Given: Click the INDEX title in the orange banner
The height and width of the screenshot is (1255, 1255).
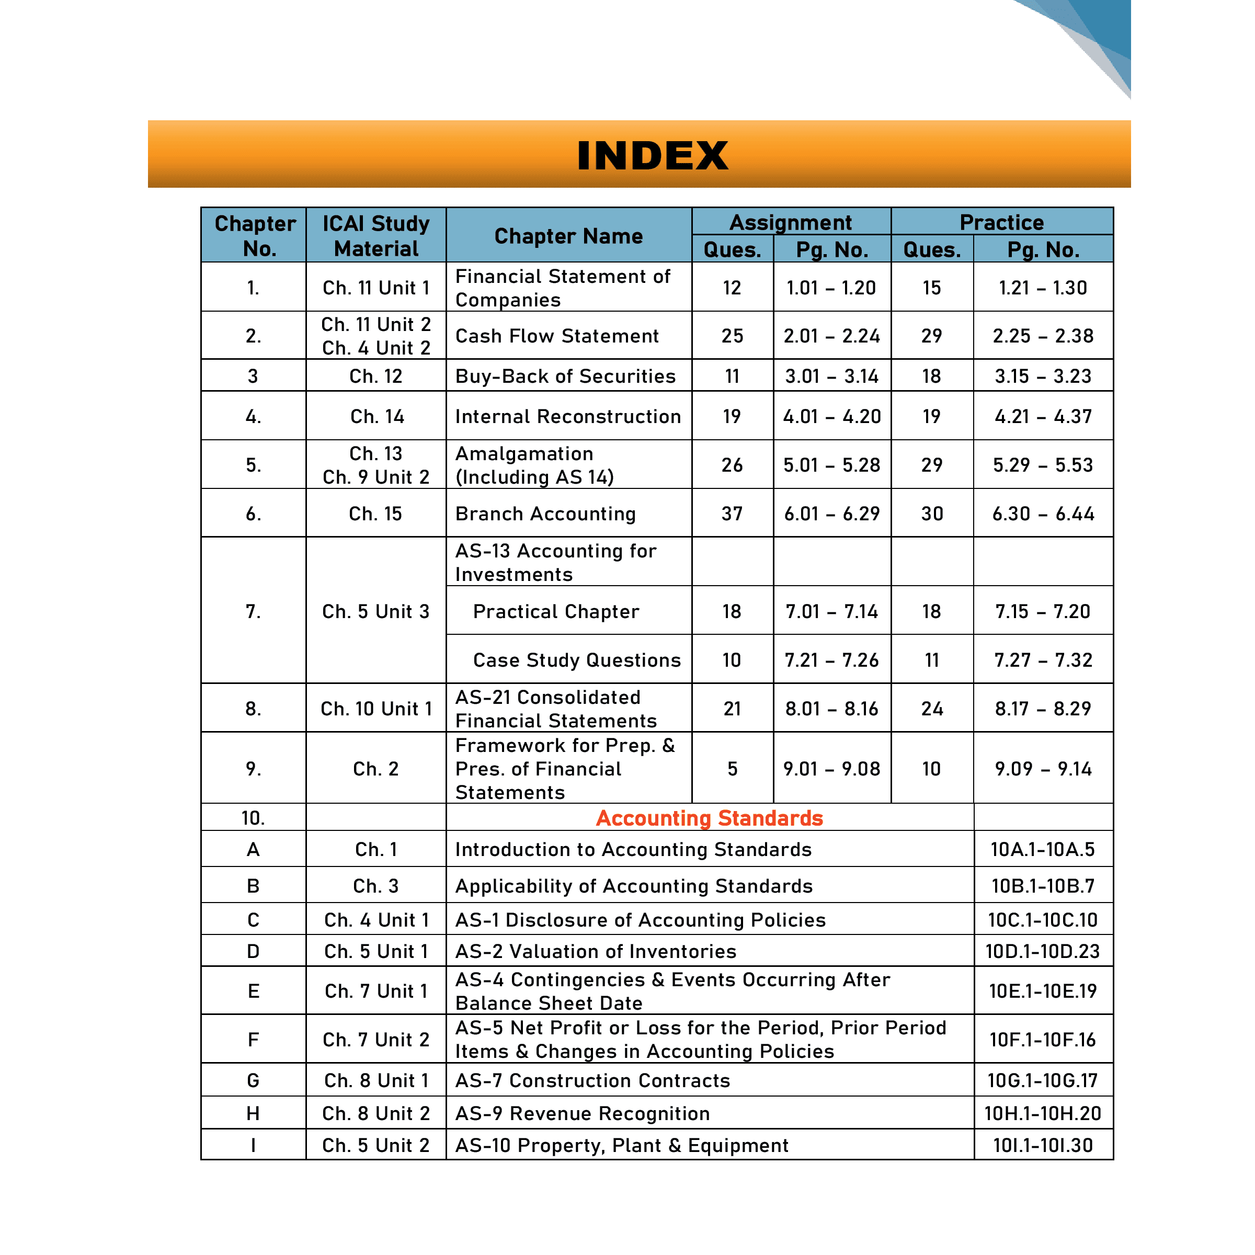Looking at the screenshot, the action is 652,156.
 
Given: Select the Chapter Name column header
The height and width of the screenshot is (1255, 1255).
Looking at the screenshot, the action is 568,236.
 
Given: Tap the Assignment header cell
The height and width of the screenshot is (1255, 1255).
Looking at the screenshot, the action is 791,222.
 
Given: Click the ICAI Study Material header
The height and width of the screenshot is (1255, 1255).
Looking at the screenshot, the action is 376,236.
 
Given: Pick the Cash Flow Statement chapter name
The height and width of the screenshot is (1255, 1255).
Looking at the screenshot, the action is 557,336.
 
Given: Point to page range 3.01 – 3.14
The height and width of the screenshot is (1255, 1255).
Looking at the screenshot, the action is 831,376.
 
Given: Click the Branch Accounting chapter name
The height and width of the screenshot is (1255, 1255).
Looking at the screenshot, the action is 545,514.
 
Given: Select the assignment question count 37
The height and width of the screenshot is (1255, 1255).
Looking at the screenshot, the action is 732,514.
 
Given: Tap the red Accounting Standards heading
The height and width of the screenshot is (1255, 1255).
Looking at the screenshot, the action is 710,818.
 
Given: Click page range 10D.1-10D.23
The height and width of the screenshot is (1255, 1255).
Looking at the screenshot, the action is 1043,952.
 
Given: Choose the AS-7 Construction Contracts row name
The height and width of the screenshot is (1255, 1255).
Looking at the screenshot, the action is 592,1080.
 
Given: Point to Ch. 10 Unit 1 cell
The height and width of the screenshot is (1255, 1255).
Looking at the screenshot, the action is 376,709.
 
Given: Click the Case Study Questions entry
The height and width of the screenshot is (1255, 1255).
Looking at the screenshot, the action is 577,660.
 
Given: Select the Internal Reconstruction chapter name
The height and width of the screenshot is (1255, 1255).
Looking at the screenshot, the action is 568,416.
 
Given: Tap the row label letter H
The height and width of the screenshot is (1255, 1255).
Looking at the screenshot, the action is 253,1113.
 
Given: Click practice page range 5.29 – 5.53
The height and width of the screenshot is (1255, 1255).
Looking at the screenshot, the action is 1043,465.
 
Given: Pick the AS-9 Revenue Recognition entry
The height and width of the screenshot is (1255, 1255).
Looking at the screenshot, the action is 582,1113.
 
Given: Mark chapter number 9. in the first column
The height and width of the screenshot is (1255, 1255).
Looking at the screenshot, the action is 253,769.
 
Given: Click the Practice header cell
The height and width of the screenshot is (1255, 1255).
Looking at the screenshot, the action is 1002,222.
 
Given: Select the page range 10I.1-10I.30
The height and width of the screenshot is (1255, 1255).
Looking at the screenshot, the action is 1043,1145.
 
